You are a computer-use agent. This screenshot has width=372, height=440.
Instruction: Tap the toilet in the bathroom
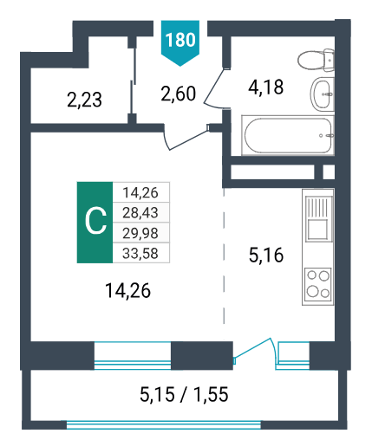[317, 60]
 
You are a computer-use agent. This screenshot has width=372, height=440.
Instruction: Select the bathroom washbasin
[323, 94]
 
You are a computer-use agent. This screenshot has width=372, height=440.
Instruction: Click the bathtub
[288, 135]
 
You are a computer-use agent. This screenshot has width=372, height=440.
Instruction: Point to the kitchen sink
[317, 219]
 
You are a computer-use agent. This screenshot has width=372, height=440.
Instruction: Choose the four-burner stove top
[318, 284]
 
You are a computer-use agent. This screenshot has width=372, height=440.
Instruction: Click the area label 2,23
[84, 100]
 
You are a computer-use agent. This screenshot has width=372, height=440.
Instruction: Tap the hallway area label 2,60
[179, 94]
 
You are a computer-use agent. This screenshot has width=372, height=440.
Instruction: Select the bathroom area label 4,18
[266, 87]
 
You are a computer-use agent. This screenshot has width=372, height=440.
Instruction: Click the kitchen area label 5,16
[266, 256]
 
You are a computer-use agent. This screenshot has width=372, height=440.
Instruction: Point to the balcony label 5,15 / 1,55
[184, 394]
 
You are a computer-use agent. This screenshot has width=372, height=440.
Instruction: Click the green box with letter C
[95, 223]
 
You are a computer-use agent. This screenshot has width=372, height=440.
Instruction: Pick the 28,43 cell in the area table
[140, 213]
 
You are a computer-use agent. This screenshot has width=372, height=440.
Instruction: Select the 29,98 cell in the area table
[140, 233]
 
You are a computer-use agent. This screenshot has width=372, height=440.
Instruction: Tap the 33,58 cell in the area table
[140, 253]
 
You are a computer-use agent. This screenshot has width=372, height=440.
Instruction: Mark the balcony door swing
[254, 350]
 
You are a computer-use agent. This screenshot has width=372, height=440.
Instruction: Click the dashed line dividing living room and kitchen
[224, 257]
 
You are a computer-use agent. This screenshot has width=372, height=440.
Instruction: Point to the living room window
[133, 356]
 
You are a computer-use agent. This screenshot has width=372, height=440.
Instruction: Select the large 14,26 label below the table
[127, 290]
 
